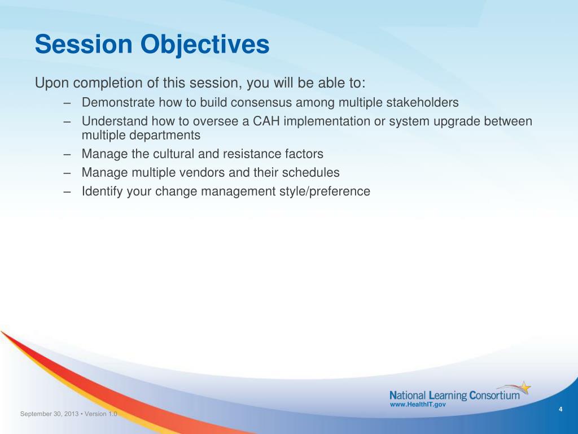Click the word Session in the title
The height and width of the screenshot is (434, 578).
[84, 44]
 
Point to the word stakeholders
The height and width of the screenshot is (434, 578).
[422, 102]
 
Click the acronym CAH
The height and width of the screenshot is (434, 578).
[266, 121]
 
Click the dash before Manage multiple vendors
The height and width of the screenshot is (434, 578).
[67, 173]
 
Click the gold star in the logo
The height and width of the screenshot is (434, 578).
[526, 388]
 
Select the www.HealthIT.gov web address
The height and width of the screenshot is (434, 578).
[418, 405]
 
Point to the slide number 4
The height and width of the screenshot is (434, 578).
[561, 409]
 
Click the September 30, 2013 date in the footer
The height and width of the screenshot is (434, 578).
[50, 414]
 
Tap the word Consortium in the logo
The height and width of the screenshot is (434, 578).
[494, 396]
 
